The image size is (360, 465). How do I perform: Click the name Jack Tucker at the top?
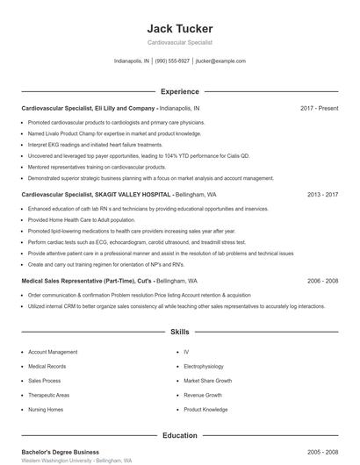[180, 28]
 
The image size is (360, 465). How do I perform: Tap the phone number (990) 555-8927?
[173, 61]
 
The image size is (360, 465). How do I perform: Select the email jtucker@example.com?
[220, 61]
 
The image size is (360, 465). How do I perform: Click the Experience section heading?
[180, 91]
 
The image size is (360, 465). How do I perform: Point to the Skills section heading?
[180, 333]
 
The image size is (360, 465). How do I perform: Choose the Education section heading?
[180, 435]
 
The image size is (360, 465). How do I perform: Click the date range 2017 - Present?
[319, 108]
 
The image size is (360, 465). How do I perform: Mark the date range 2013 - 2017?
[323, 195]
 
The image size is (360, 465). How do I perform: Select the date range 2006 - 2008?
[323, 281]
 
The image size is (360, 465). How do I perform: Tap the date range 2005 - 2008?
[323, 451]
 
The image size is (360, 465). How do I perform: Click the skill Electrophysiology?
[204, 366]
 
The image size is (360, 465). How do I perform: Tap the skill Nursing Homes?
[46, 410]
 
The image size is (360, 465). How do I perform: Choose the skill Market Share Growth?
[208, 381]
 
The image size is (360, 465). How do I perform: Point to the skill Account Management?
[53, 352]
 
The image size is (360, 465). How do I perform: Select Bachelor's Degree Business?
[60, 451]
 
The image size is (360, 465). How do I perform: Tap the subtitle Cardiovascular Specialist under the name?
[180, 42]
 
